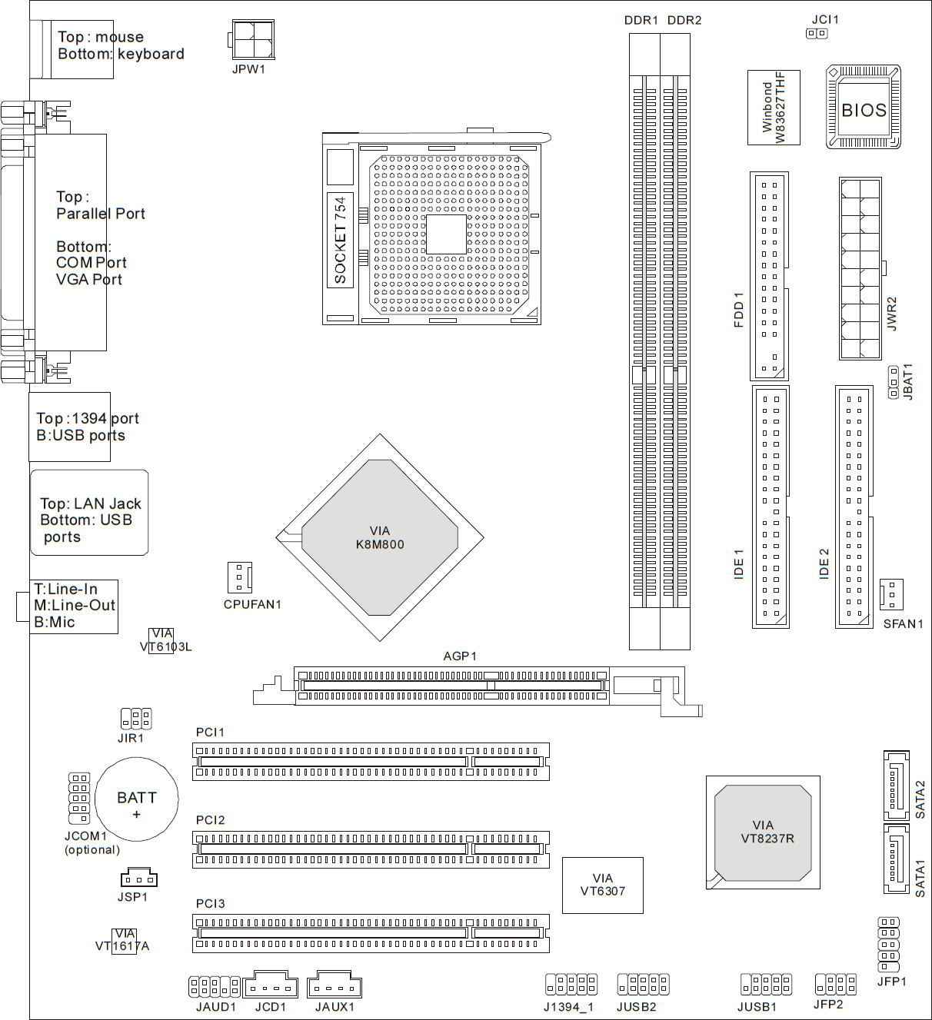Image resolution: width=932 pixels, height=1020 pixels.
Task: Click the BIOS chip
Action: [863, 108]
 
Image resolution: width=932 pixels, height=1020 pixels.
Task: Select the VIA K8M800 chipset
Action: [380, 537]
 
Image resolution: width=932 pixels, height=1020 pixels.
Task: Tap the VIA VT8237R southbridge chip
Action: [763, 832]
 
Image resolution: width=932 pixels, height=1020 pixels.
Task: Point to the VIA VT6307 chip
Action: [602, 885]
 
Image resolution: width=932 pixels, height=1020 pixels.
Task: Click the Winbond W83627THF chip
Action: [774, 108]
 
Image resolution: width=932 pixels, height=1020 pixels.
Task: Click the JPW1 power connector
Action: [251, 39]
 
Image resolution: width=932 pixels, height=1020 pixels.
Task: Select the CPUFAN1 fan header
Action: [240, 577]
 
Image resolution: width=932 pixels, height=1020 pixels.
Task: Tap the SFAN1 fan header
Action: [891, 594]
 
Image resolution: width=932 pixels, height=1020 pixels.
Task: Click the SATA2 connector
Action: [897, 785]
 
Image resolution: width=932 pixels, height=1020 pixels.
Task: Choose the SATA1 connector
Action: [897, 858]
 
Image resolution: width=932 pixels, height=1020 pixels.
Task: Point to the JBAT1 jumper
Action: [893, 382]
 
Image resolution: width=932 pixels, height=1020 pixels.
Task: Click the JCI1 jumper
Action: [817, 34]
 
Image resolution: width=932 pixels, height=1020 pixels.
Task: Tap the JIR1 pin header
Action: [136, 719]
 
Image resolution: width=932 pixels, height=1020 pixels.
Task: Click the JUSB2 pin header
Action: [643, 984]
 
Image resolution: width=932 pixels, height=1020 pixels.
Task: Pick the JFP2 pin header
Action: [835, 984]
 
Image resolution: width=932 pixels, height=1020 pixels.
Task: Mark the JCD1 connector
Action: [270, 985]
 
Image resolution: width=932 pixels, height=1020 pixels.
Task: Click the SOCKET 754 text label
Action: [340, 240]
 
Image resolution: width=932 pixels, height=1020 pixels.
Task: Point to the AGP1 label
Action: [460, 656]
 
